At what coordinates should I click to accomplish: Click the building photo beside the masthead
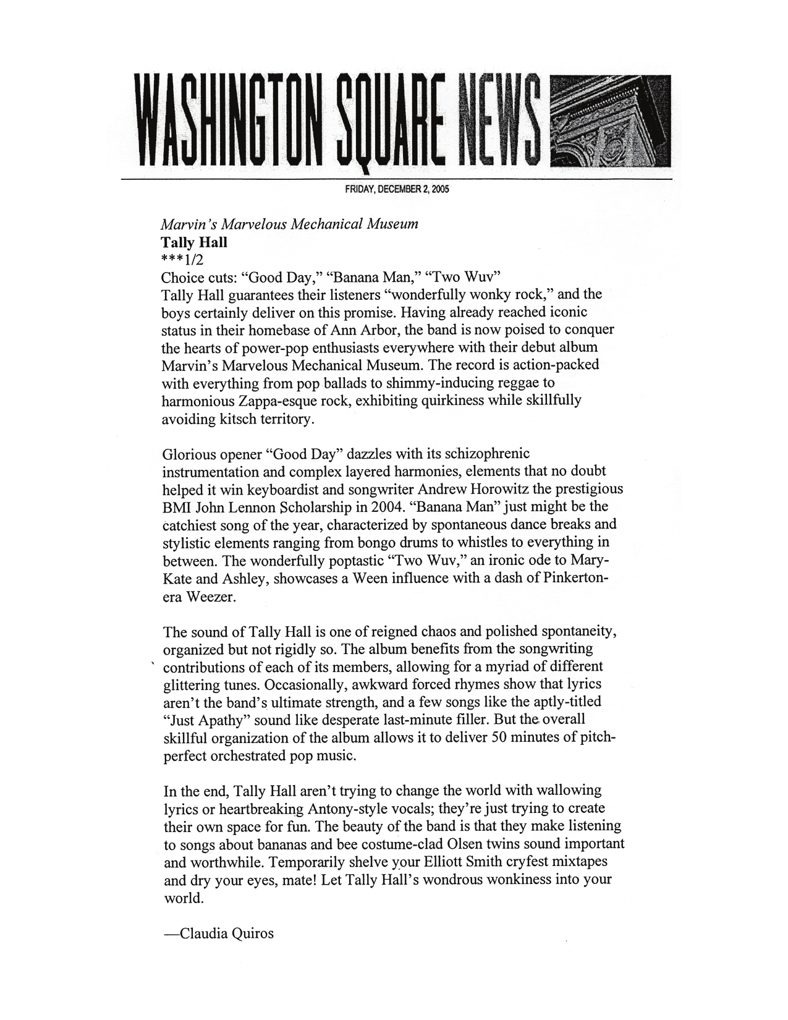coord(609,119)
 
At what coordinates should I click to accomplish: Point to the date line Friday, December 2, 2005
coord(397,190)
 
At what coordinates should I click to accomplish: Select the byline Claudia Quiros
coord(218,933)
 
